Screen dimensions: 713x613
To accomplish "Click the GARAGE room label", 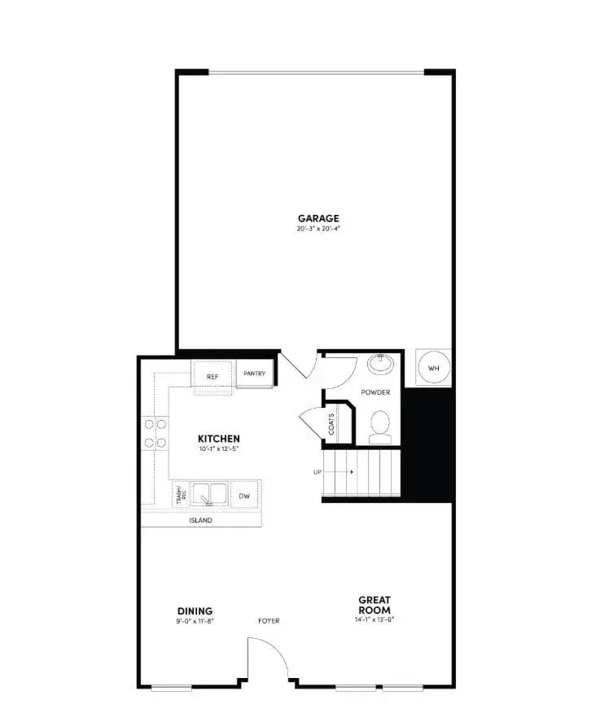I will pyautogui.click(x=317, y=217).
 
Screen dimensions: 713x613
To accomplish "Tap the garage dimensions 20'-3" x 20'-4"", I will pyautogui.click(x=317, y=229).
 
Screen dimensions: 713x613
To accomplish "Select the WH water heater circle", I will pyautogui.click(x=433, y=369).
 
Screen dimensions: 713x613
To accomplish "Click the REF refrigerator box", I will pyautogui.click(x=212, y=376).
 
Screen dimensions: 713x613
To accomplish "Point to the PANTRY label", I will pyautogui.click(x=255, y=374).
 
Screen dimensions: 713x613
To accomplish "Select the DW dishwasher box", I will pyautogui.click(x=243, y=495).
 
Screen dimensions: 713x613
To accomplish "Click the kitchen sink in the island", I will pyautogui.click(x=209, y=494).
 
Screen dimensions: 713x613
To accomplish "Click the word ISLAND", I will pyautogui.click(x=201, y=520).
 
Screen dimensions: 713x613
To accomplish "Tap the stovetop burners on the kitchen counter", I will pyautogui.click(x=155, y=433).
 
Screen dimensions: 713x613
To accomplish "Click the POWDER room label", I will pyautogui.click(x=376, y=392).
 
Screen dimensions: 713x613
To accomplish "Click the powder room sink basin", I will pyautogui.click(x=379, y=362).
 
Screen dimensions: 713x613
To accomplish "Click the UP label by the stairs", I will pyautogui.click(x=317, y=472).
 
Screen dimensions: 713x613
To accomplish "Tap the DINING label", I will pyautogui.click(x=195, y=611).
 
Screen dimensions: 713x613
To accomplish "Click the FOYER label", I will pyautogui.click(x=269, y=621).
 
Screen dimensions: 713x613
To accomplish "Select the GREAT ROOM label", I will pyautogui.click(x=374, y=605).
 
